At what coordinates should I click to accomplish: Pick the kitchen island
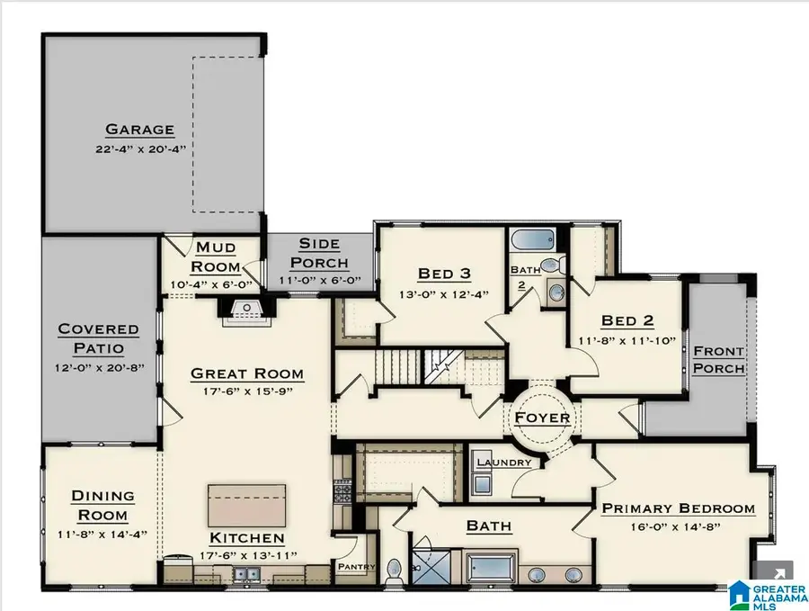pos(247,505)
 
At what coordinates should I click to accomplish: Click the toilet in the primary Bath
pos(393,571)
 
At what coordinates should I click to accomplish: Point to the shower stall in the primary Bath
pos(427,563)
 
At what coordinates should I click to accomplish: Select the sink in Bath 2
pos(556,291)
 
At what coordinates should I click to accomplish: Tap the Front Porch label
pos(718,359)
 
